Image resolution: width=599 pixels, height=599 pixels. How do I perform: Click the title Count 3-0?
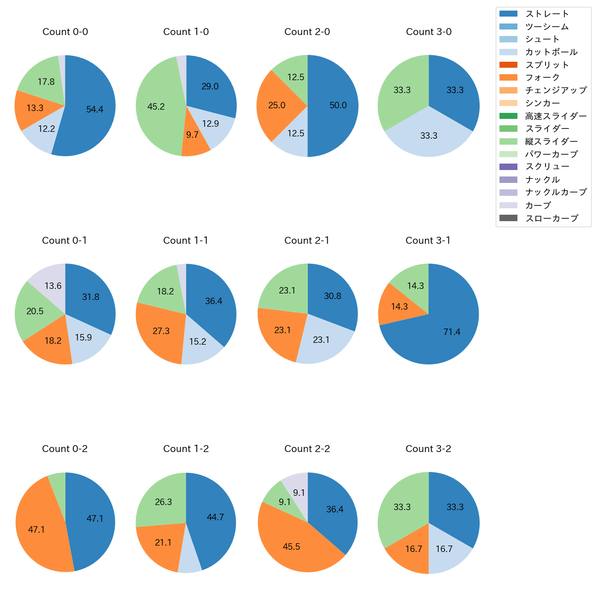tap(429, 32)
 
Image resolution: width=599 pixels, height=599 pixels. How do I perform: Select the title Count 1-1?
tap(186, 241)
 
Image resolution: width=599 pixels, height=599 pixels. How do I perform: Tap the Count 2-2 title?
tap(307, 449)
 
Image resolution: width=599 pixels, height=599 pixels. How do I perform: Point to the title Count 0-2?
tap(65, 449)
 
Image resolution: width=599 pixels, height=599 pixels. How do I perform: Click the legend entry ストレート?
tap(547, 14)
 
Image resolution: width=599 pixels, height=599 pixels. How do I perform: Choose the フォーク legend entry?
tap(542, 77)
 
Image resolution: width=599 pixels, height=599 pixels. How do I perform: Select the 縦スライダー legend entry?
tap(551, 141)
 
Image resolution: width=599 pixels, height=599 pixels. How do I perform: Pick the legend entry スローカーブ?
tap(552, 218)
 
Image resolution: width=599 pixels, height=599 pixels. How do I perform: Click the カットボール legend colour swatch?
tap(508, 52)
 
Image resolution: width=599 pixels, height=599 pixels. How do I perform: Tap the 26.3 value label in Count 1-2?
tap(164, 502)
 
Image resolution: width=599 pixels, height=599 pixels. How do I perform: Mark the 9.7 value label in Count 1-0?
tap(192, 135)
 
